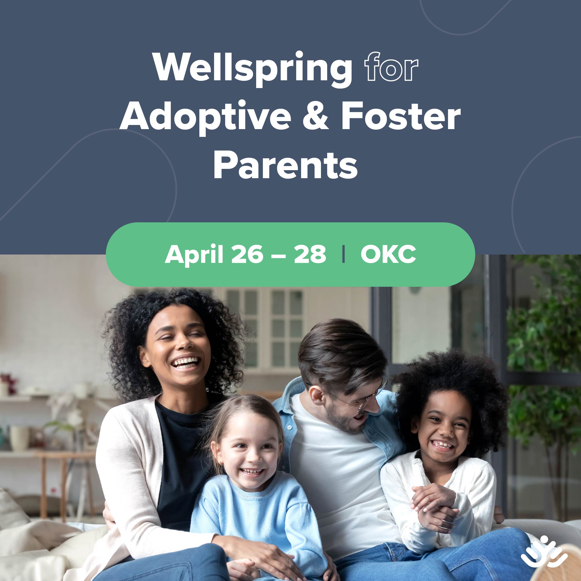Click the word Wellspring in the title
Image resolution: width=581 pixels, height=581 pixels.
coord(253,69)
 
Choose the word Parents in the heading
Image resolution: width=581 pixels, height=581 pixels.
coord(285,166)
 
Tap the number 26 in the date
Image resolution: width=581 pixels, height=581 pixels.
coord(247,254)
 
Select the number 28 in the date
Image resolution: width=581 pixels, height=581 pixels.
coord(310,254)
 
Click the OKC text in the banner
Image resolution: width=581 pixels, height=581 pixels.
coord(388,254)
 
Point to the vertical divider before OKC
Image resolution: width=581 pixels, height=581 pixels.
coord(343,254)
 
